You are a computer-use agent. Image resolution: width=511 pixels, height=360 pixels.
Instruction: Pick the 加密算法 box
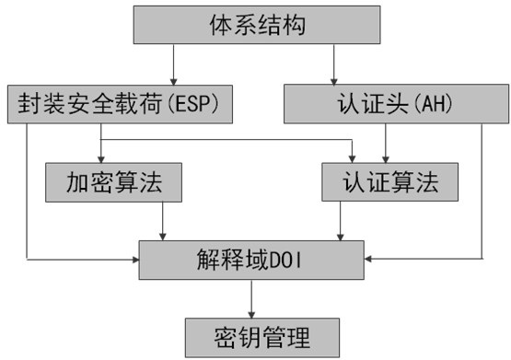coord(113,182)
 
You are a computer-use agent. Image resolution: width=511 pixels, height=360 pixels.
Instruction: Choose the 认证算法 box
coord(390,182)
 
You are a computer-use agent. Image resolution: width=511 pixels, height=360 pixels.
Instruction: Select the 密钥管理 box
coord(252,336)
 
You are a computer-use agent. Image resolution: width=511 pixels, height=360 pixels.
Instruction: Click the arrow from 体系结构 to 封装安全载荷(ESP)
coord(172,64)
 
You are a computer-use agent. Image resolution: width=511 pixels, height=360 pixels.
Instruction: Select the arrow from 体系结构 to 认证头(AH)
coord(333,64)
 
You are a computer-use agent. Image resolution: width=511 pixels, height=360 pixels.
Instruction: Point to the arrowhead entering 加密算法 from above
coord(99,158)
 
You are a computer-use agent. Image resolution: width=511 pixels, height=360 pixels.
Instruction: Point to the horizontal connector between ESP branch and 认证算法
coord(226,140)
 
